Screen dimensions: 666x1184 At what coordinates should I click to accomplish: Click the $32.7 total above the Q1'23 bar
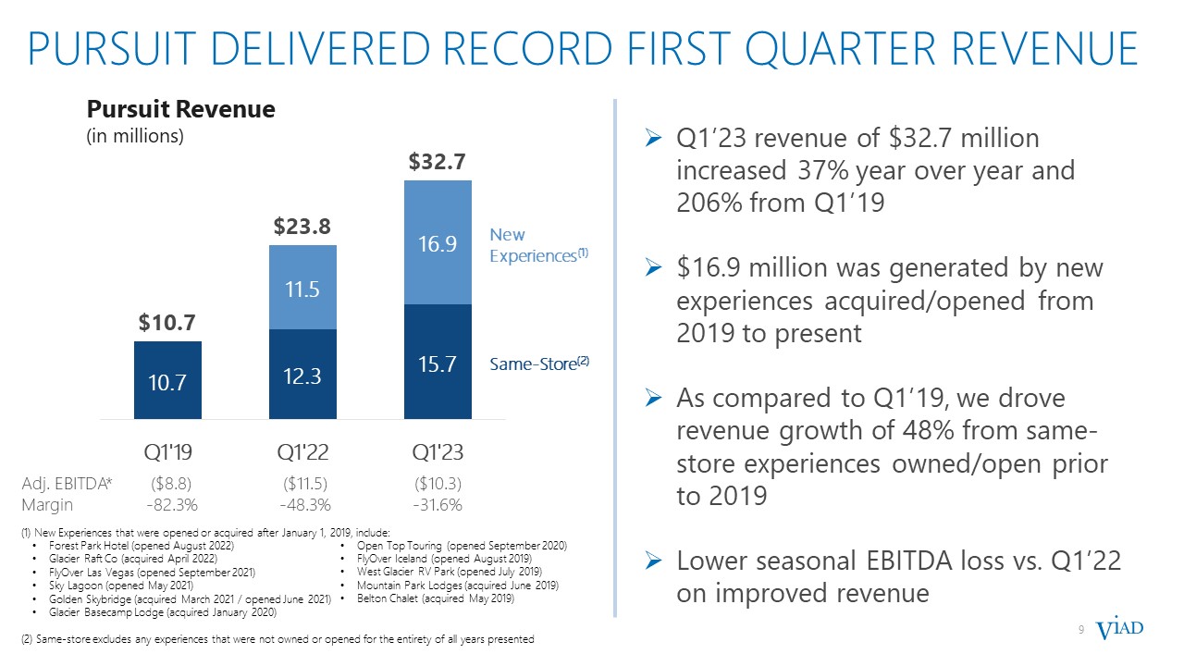(438, 162)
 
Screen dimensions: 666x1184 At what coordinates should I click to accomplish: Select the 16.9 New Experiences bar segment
(438, 243)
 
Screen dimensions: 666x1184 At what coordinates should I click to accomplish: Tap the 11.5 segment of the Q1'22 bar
(302, 290)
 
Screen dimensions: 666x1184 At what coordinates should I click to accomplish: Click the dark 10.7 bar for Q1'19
(167, 380)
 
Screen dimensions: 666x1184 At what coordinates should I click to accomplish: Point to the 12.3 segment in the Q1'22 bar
(302, 376)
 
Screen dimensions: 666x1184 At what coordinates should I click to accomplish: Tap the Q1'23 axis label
(438, 452)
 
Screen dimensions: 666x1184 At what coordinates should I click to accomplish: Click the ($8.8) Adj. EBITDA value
(170, 484)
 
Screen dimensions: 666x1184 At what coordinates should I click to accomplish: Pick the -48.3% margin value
(305, 505)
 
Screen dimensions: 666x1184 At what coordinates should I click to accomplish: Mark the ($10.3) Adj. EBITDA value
(438, 484)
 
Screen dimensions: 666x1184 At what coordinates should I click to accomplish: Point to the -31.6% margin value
(438, 505)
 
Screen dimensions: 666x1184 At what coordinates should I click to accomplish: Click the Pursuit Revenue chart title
(181, 110)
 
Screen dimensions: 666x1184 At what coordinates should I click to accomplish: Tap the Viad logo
(1119, 630)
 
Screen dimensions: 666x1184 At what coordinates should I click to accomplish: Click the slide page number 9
(1081, 631)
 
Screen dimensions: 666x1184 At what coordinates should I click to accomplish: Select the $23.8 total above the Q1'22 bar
(302, 227)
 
